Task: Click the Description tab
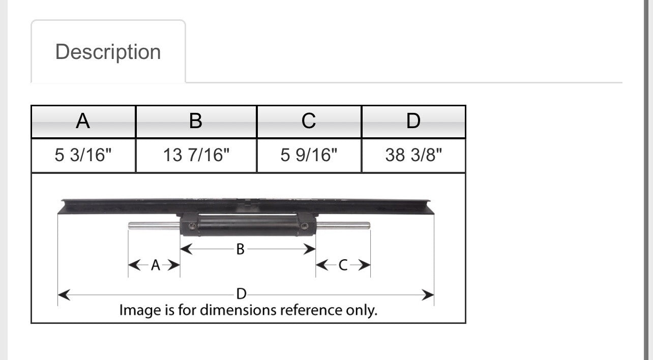pos(108,51)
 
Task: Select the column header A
pos(83,121)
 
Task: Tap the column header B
pos(196,121)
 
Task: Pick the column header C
pos(309,121)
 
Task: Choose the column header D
pos(413,121)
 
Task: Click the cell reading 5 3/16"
pos(83,156)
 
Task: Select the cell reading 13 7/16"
pos(196,156)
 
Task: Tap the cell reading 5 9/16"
pos(309,156)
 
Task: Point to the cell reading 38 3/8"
pos(413,156)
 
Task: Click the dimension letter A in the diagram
pos(156,265)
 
